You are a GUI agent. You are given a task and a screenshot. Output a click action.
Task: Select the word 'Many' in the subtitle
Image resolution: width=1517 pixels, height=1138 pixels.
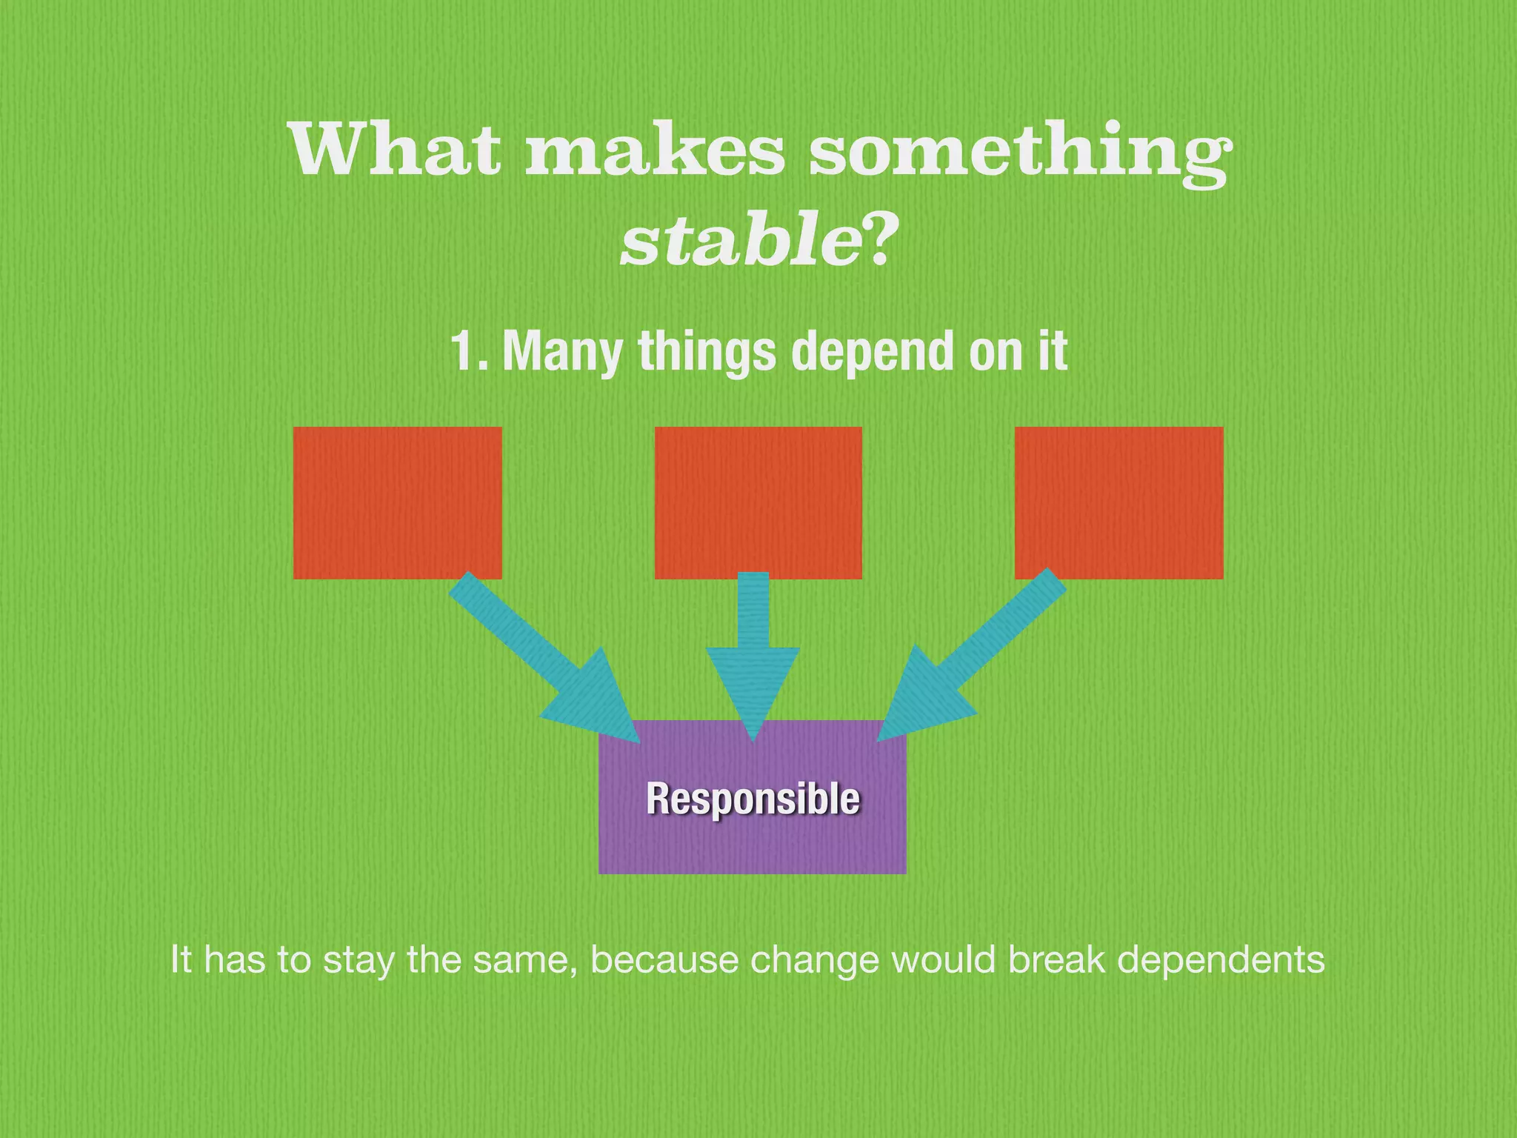pos(563,353)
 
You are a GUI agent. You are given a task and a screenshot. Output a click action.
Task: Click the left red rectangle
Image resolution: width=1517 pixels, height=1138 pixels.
pos(397,502)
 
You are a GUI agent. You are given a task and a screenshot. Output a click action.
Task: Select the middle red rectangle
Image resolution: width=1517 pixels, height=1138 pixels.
pos(758,502)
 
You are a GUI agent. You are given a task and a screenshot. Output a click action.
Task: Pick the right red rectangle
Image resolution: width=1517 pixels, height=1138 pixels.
pos(1118,502)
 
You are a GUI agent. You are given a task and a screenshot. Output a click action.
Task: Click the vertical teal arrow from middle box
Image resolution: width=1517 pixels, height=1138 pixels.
pos(753,652)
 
